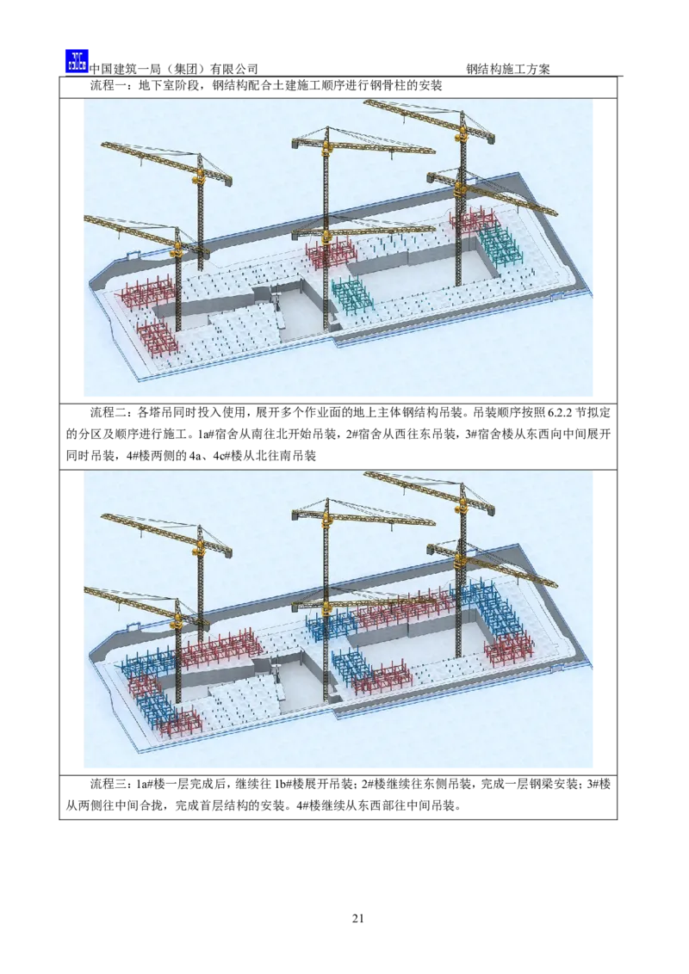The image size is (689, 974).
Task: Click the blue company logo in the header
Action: pyautogui.click(x=78, y=61)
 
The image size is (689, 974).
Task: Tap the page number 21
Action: pyautogui.click(x=357, y=918)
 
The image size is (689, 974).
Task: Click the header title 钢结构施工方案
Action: pyautogui.click(x=508, y=69)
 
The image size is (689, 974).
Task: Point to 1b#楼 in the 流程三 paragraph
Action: pyautogui.click(x=289, y=785)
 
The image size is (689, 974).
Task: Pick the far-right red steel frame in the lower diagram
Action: pyautogui.click(x=509, y=649)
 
